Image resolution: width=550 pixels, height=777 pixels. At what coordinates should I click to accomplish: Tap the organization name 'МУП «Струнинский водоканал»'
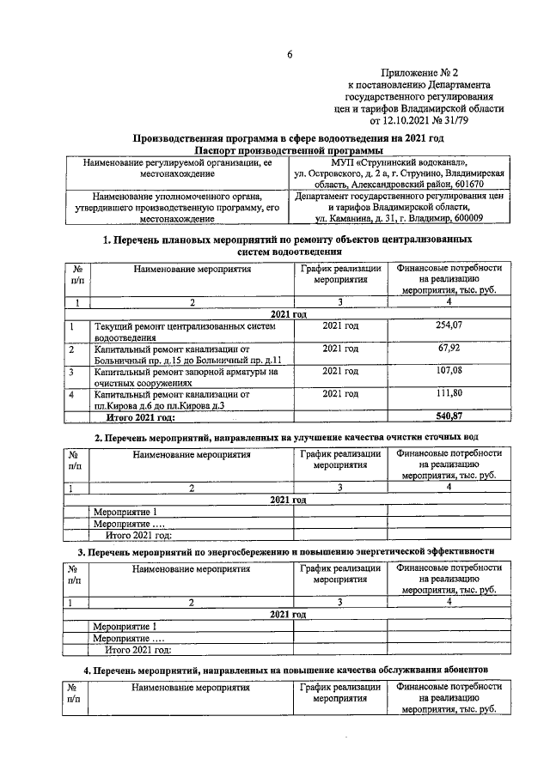[x=398, y=162]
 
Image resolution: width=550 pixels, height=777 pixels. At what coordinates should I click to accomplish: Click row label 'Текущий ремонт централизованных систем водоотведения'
[x=185, y=331]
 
